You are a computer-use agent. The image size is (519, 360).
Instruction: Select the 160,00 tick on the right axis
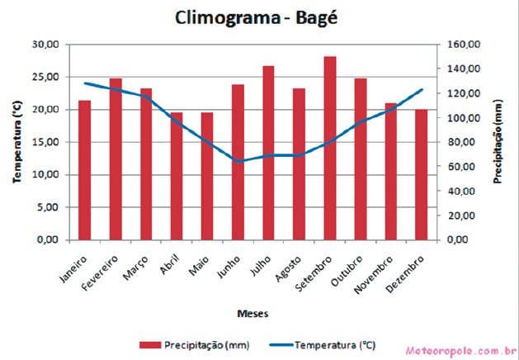(465, 44)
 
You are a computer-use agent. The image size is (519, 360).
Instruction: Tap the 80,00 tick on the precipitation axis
(465, 142)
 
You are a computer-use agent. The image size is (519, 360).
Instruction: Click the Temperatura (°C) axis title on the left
(16, 142)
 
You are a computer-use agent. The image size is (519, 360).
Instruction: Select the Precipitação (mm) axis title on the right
(498, 142)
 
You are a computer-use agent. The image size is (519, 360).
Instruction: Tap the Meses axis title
(252, 313)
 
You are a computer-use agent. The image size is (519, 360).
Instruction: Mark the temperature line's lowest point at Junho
(238, 161)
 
